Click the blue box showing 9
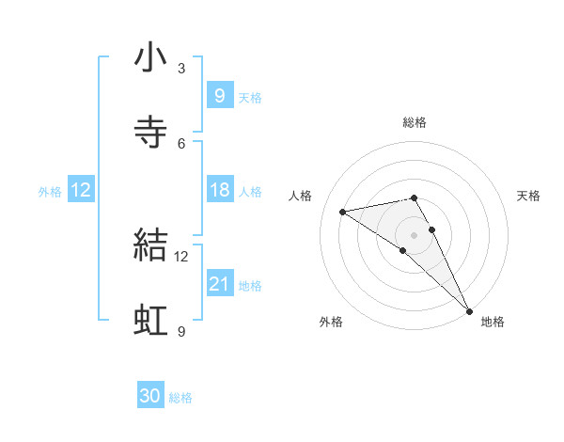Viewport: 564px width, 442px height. pyautogui.click(x=219, y=95)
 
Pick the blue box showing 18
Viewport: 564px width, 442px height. pyautogui.click(x=219, y=190)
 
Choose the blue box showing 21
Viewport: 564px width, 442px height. pyautogui.click(x=219, y=283)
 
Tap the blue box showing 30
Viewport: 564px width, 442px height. pyautogui.click(x=150, y=396)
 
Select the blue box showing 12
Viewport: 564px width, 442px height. pyautogui.click(x=81, y=190)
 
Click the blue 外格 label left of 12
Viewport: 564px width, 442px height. pyautogui.click(x=50, y=191)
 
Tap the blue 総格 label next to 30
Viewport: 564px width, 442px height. pyautogui.click(x=180, y=398)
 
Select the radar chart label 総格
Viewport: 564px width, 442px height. pyautogui.click(x=415, y=122)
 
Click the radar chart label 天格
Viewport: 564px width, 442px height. pyautogui.click(x=529, y=196)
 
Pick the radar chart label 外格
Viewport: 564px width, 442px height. pyautogui.click(x=331, y=322)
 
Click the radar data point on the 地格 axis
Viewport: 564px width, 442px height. pyautogui.click(x=469, y=309)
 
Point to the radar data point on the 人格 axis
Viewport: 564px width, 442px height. pyautogui.click(x=343, y=212)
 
